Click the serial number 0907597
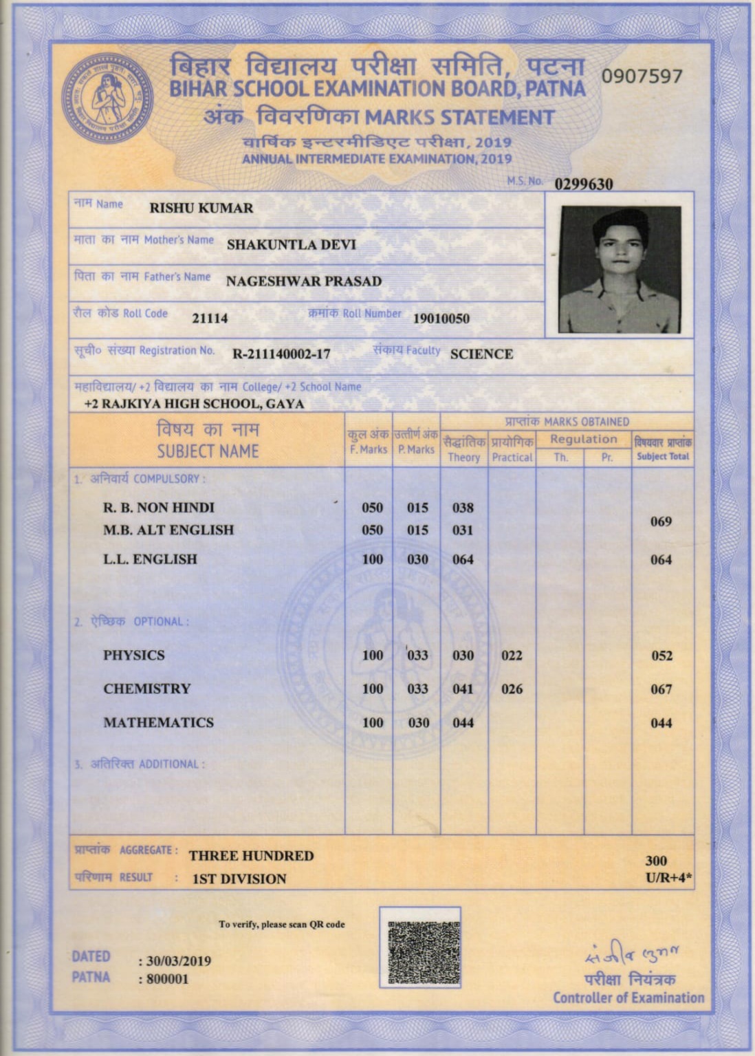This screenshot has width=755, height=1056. (642, 76)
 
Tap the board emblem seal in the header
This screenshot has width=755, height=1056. (107, 98)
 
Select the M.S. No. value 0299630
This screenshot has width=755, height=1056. (583, 184)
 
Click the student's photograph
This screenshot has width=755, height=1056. (620, 270)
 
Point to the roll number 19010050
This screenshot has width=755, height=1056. (441, 319)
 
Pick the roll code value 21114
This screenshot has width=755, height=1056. (210, 318)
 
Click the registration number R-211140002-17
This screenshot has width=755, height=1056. (281, 354)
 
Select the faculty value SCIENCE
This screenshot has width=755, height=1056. (481, 354)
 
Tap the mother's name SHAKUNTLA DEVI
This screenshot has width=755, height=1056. (292, 245)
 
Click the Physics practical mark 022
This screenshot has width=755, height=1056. (512, 656)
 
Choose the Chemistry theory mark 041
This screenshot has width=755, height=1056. (463, 689)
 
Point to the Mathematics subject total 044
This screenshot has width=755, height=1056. (661, 723)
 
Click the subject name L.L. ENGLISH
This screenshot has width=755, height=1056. (150, 559)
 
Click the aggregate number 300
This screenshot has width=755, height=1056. (656, 861)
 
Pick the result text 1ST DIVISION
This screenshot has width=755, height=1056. (239, 879)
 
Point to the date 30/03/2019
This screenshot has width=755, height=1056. (178, 961)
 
